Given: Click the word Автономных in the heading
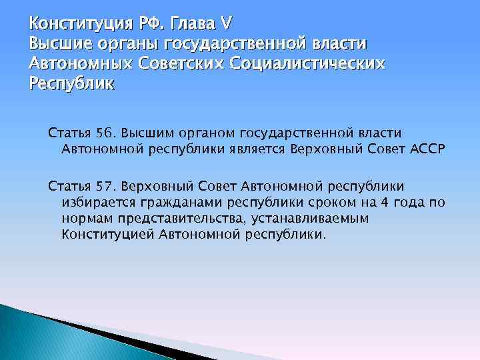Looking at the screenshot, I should [x=81, y=64].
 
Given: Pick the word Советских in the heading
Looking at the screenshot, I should [x=180, y=64].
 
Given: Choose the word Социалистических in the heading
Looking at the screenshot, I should [x=307, y=64].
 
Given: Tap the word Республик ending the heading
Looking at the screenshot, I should [x=72, y=84].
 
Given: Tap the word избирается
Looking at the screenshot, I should [x=95, y=201].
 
